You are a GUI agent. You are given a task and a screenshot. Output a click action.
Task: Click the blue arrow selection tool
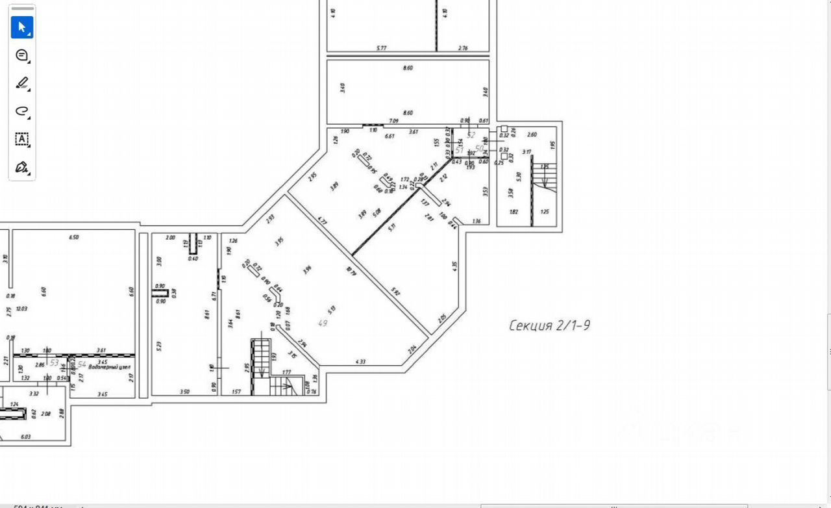pos(21,27)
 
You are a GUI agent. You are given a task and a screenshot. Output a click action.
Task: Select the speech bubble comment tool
pos(21,55)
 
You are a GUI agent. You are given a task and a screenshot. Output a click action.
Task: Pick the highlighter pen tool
pos(21,83)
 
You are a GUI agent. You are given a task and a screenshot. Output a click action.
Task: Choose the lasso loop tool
pos(21,111)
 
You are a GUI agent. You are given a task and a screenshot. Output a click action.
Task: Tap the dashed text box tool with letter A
pos(21,139)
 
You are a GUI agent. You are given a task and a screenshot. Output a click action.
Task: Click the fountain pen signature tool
pos(21,167)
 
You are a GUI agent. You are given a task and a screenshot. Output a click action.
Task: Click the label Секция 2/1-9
pos(549,325)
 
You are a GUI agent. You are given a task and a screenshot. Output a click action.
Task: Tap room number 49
pos(322,323)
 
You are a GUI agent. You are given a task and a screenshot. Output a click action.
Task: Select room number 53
pos(55,363)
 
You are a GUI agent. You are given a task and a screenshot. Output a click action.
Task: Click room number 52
pos(471,136)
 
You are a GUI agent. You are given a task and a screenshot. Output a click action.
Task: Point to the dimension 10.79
pos(353,272)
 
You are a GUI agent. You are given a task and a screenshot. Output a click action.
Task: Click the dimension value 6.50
pos(73,238)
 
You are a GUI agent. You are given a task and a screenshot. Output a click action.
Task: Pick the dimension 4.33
pos(361,361)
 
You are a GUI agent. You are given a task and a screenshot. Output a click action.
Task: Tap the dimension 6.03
pos(26,437)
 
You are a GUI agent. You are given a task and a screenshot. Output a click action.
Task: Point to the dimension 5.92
pos(395,292)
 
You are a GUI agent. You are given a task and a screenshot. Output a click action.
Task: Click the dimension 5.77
pos(381,47)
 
